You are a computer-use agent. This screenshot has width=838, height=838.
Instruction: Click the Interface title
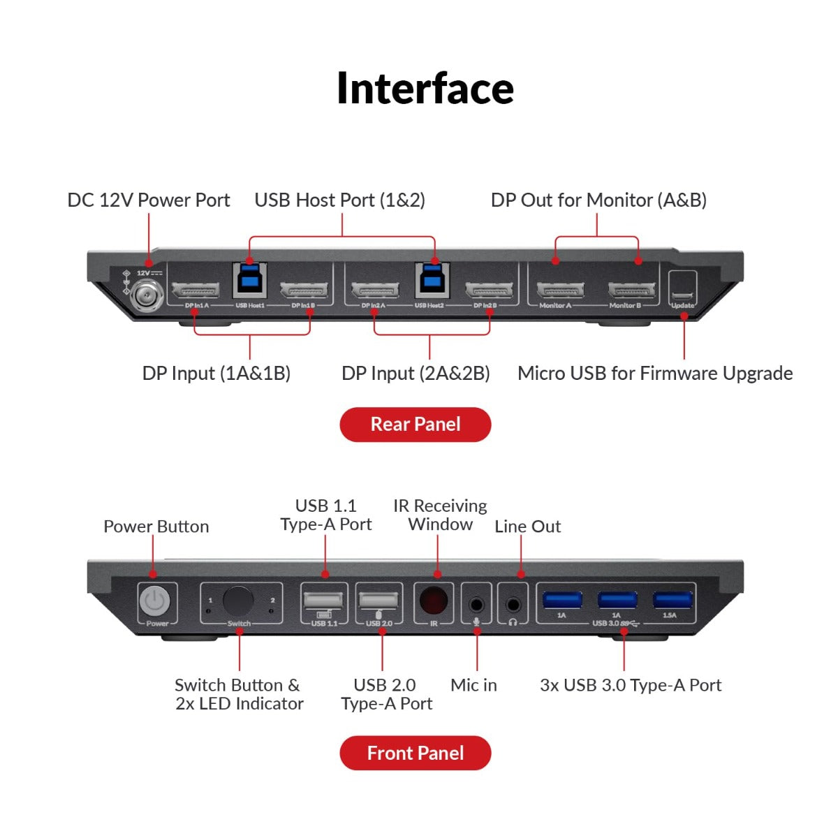[x=425, y=89]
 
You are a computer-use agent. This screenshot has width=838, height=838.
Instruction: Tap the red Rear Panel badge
[x=416, y=425]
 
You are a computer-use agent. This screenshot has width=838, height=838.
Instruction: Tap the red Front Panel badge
[x=416, y=753]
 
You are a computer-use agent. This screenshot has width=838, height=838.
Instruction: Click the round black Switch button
[x=237, y=601]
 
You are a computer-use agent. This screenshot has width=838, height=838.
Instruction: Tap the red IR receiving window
[x=434, y=601]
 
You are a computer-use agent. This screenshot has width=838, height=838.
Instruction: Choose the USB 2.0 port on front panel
[x=378, y=601]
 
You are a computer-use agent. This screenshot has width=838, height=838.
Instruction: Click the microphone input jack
[x=477, y=603]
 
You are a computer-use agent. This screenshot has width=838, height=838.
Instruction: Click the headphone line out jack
[x=513, y=603]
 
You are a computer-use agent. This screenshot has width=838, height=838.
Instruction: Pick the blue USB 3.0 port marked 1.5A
[x=672, y=600]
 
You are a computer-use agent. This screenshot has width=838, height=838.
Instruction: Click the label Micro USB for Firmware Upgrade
[x=654, y=374]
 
